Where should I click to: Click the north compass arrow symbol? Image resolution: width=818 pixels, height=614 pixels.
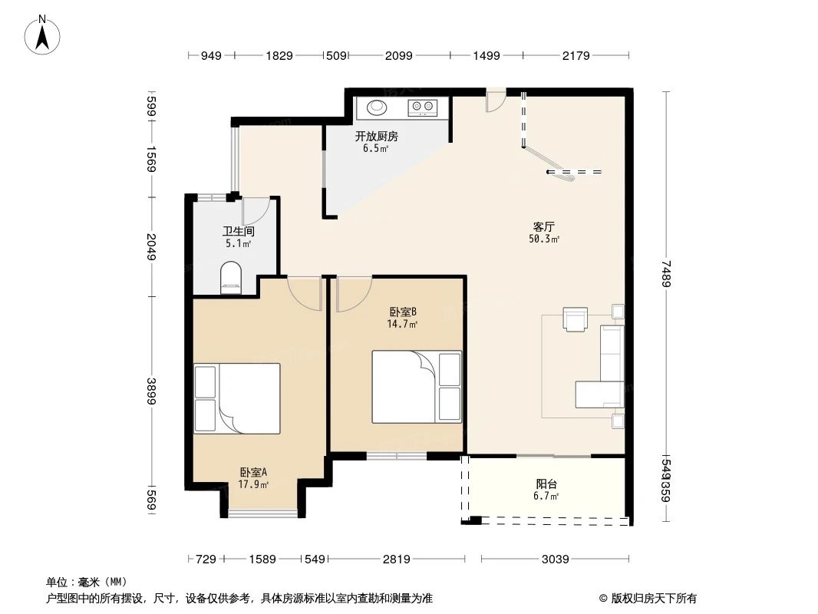(44, 34)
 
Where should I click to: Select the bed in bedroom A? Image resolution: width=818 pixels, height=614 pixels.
(237, 398)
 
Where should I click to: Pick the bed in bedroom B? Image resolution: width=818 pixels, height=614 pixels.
(417, 387)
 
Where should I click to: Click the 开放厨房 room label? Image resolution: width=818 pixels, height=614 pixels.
(376, 137)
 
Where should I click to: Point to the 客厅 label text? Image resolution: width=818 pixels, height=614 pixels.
(543, 227)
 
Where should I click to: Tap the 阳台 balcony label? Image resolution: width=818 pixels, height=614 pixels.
(546, 484)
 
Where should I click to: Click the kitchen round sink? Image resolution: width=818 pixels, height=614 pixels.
(378, 107)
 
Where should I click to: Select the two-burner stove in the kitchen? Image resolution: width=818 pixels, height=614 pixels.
(423, 107)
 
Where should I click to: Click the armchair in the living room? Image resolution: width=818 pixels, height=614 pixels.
(575, 319)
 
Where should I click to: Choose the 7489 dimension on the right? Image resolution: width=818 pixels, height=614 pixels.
(667, 273)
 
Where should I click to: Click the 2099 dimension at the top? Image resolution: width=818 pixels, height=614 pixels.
(398, 55)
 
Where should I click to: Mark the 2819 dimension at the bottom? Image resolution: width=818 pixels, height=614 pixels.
(396, 560)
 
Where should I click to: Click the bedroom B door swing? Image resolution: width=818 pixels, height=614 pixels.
(351, 294)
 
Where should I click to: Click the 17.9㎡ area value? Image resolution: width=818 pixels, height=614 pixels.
(253, 484)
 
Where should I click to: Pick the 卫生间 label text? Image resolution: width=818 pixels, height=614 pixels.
(238, 231)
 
